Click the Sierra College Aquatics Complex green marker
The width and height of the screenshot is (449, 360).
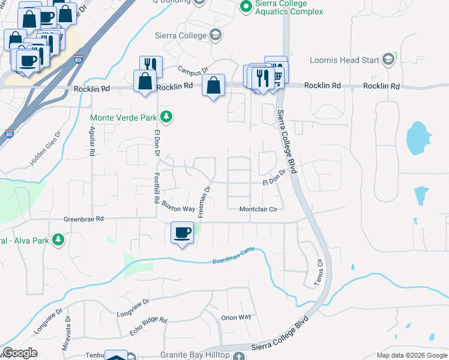[245, 7]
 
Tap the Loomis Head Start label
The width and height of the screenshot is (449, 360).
[343, 60]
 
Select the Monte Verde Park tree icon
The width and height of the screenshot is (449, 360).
[169, 118]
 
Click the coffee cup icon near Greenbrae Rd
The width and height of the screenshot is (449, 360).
[182, 232]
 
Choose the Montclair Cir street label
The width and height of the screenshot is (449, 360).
[258, 209]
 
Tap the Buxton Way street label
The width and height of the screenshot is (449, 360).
[178, 206]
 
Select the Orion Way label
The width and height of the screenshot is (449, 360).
[236, 317]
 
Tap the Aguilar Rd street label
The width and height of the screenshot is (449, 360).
[92, 142]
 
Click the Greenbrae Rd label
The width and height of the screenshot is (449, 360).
[84, 219]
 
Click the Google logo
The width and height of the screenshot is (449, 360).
[20, 352]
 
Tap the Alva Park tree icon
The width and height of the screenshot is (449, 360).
[58, 240]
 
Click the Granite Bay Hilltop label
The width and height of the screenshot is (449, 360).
[195, 355]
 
